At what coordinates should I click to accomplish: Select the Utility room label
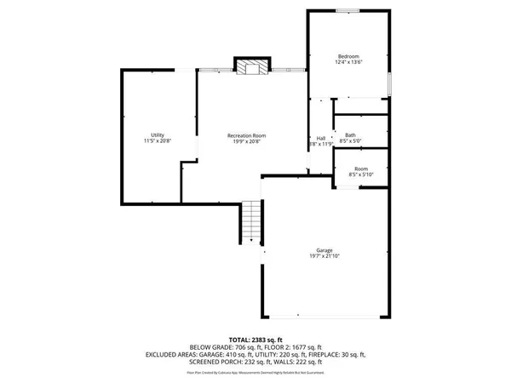click(x=158, y=134)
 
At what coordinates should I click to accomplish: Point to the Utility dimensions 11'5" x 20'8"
click(x=158, y=141)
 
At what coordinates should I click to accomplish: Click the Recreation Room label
click(x=246, y=134)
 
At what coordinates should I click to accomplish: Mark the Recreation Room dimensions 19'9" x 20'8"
click(x=246, y=141)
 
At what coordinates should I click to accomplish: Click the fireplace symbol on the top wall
click(x=251, y=67)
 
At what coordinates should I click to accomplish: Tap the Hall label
click(x=321, y=138)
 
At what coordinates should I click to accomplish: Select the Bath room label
click(x=350, y=134)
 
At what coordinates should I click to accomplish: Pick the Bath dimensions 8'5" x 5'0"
click(x=350, y=141)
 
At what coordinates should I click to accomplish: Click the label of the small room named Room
click(x=361, y=169)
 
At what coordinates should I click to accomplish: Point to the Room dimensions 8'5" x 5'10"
click(x=361, y=175)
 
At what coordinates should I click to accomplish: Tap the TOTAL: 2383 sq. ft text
click(x=255, y=339)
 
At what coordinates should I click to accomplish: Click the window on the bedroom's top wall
click(x=347, y=10)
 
